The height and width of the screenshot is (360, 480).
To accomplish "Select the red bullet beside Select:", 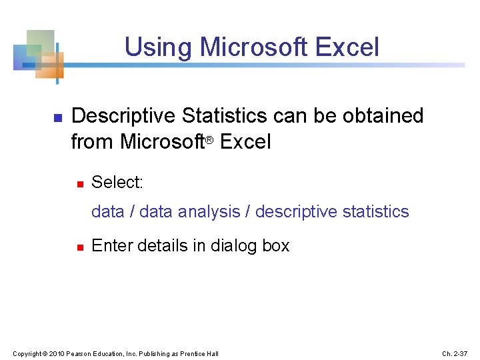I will pyautogui.click(x=79, y=183).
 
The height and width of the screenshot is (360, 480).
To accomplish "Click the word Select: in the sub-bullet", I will pyautogui.click(x=117, y=182).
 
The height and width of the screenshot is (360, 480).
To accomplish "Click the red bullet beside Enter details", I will pyautogui.click(x=79, y=247).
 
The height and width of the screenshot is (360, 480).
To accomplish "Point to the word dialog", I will pyautogui.click(x=234, y=246).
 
